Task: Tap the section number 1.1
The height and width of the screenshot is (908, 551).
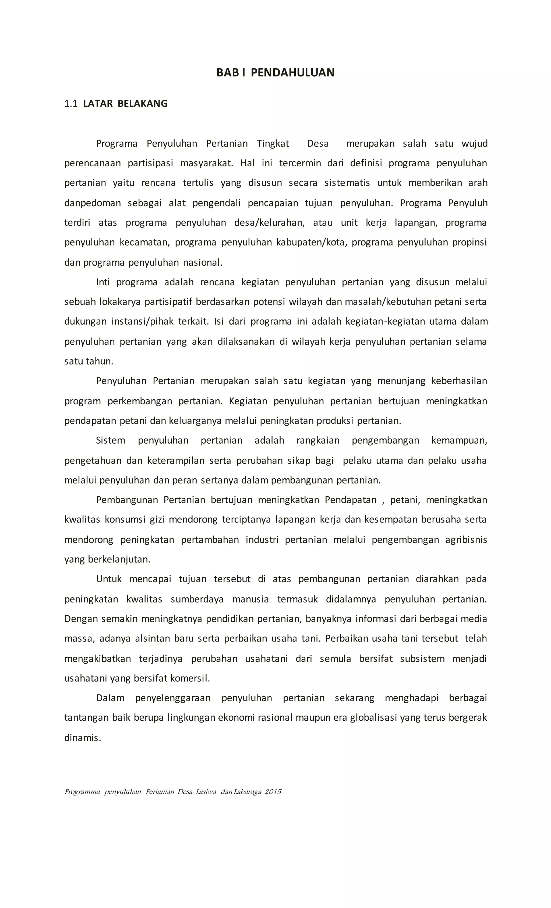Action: [71, 104]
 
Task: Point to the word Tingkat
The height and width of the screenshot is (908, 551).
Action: [273, 143]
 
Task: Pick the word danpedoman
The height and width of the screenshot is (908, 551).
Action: [93, 203]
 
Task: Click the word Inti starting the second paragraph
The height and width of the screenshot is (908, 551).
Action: [103, 282]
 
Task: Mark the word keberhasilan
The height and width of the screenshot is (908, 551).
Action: [459, 381]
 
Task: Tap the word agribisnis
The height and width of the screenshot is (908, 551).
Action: [466, 539]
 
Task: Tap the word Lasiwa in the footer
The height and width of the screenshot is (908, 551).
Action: [206, 791]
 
